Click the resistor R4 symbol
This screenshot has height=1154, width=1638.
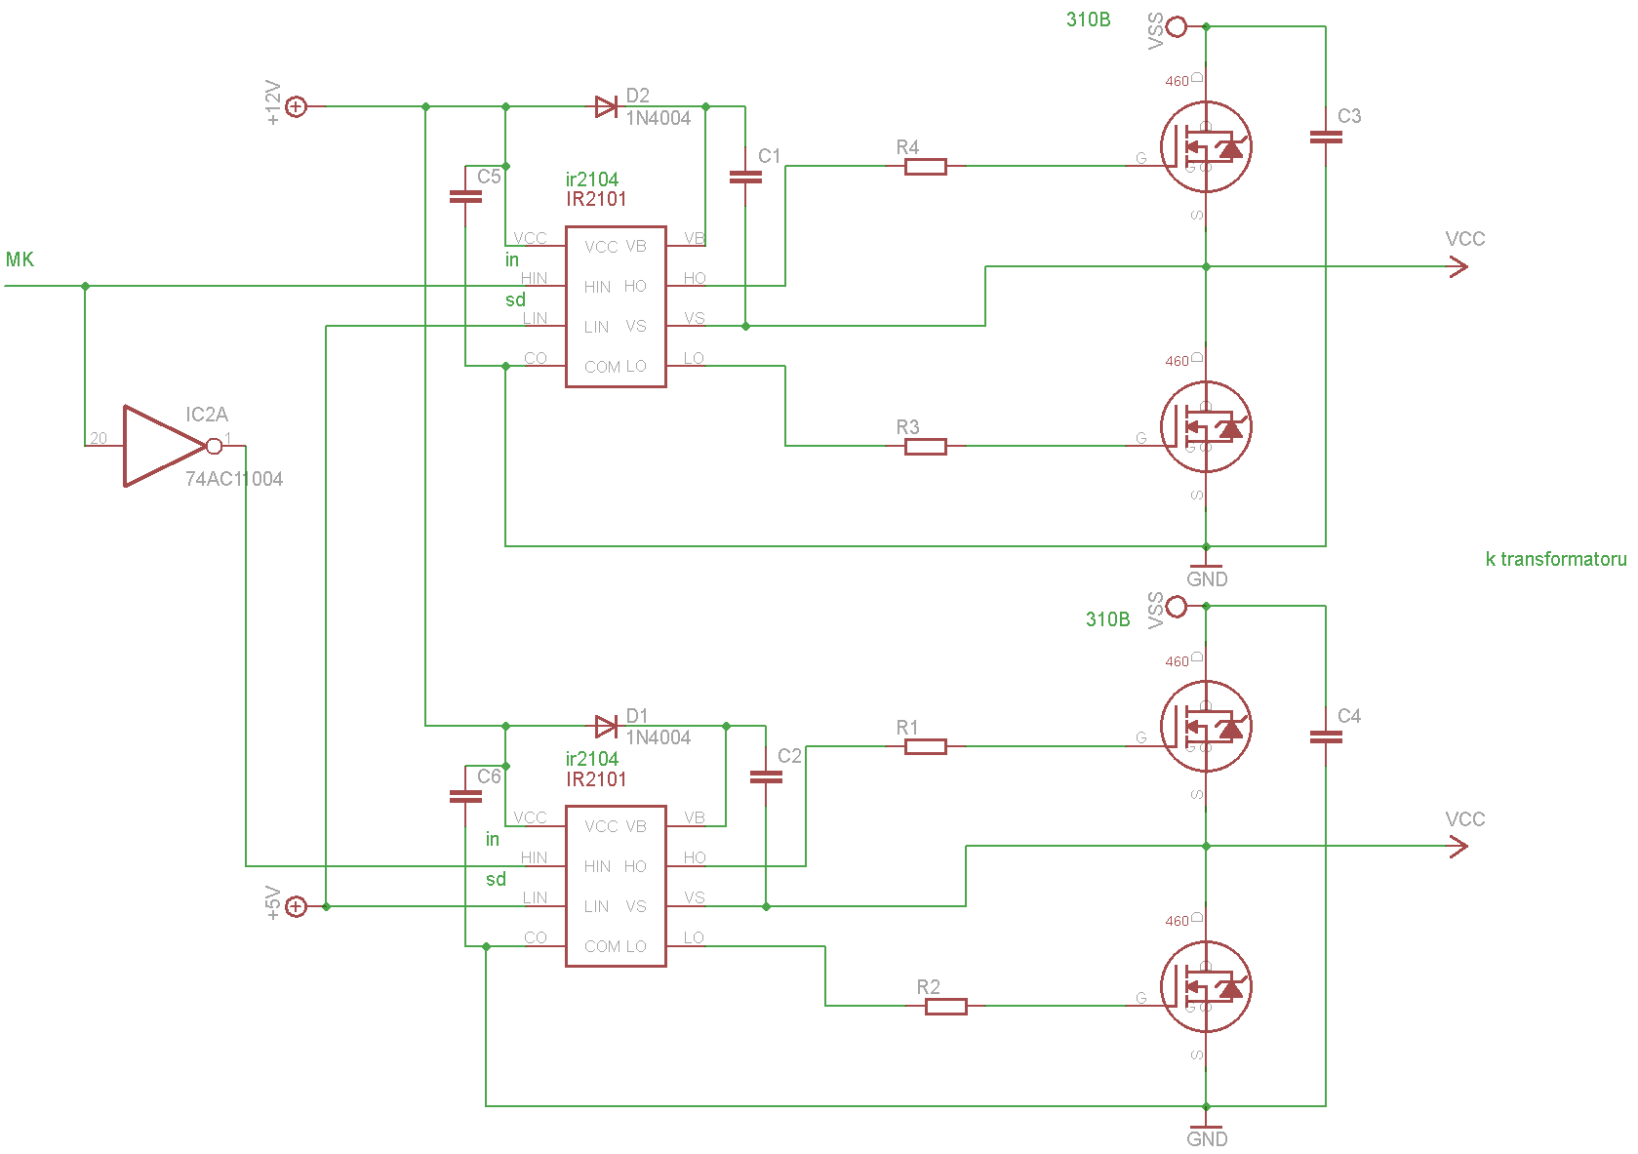[925, 167]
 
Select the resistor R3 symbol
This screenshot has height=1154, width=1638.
[925, 447]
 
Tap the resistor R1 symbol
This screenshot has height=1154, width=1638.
[925, 747]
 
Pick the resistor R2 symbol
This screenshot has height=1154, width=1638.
[945, 1007]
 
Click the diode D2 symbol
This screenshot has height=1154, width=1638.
[606, 106]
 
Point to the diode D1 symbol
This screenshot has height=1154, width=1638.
[606, 726]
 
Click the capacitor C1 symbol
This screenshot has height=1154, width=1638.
[745, 177]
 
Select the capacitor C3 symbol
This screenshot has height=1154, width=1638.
[1325, 138]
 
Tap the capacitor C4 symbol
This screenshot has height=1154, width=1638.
[1325, 737]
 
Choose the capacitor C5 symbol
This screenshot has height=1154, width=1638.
[465, 197]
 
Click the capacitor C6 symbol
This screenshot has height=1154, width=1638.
[465, 796]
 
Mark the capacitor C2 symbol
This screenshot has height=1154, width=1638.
[766, 776]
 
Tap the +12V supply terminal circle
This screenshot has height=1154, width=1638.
[296, 106]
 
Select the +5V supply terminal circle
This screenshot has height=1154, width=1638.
[296, 907]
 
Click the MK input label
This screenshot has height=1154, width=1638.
[20, 259]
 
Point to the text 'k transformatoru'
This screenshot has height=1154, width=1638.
[1555, 559]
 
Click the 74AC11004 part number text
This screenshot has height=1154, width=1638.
[234, 479]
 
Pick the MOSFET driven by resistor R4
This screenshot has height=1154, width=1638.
[1206, 147]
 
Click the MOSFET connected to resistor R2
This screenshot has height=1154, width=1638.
[1206, 987]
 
